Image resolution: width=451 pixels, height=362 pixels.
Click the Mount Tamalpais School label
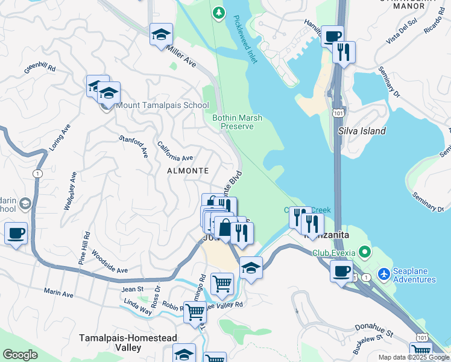click(x=162, y=106)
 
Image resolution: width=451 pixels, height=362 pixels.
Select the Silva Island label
click(x=362, y=131)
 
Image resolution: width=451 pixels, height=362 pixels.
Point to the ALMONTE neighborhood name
click(x=188, y=171)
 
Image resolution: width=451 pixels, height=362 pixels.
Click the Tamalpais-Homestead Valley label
click(x=110, y=343)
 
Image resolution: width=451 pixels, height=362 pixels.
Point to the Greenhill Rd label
click(x=40, y=69)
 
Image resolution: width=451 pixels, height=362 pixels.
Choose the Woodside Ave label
click(x=110, y=265)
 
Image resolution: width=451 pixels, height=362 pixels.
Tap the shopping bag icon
click(x=224, y=229)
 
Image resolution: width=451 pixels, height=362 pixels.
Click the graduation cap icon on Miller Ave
click(x=161, y=34)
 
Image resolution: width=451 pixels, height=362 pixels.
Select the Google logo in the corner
click(x=20, y=355)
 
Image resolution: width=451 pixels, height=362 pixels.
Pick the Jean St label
click(x=132, y=290)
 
